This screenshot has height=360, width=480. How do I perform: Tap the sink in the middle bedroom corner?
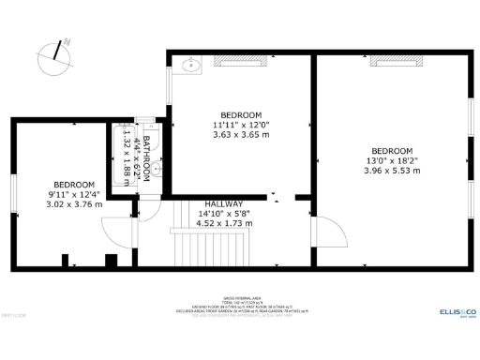pyautogui.click(x=190, y=64)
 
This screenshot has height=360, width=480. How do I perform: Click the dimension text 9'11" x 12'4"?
pyautogui.click(x=72, y=194)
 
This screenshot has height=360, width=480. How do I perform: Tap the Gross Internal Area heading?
pyautogui.click(x=239, y=293)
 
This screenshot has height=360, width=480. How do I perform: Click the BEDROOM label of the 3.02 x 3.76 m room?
pyautogui.click(x=72, y=184)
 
